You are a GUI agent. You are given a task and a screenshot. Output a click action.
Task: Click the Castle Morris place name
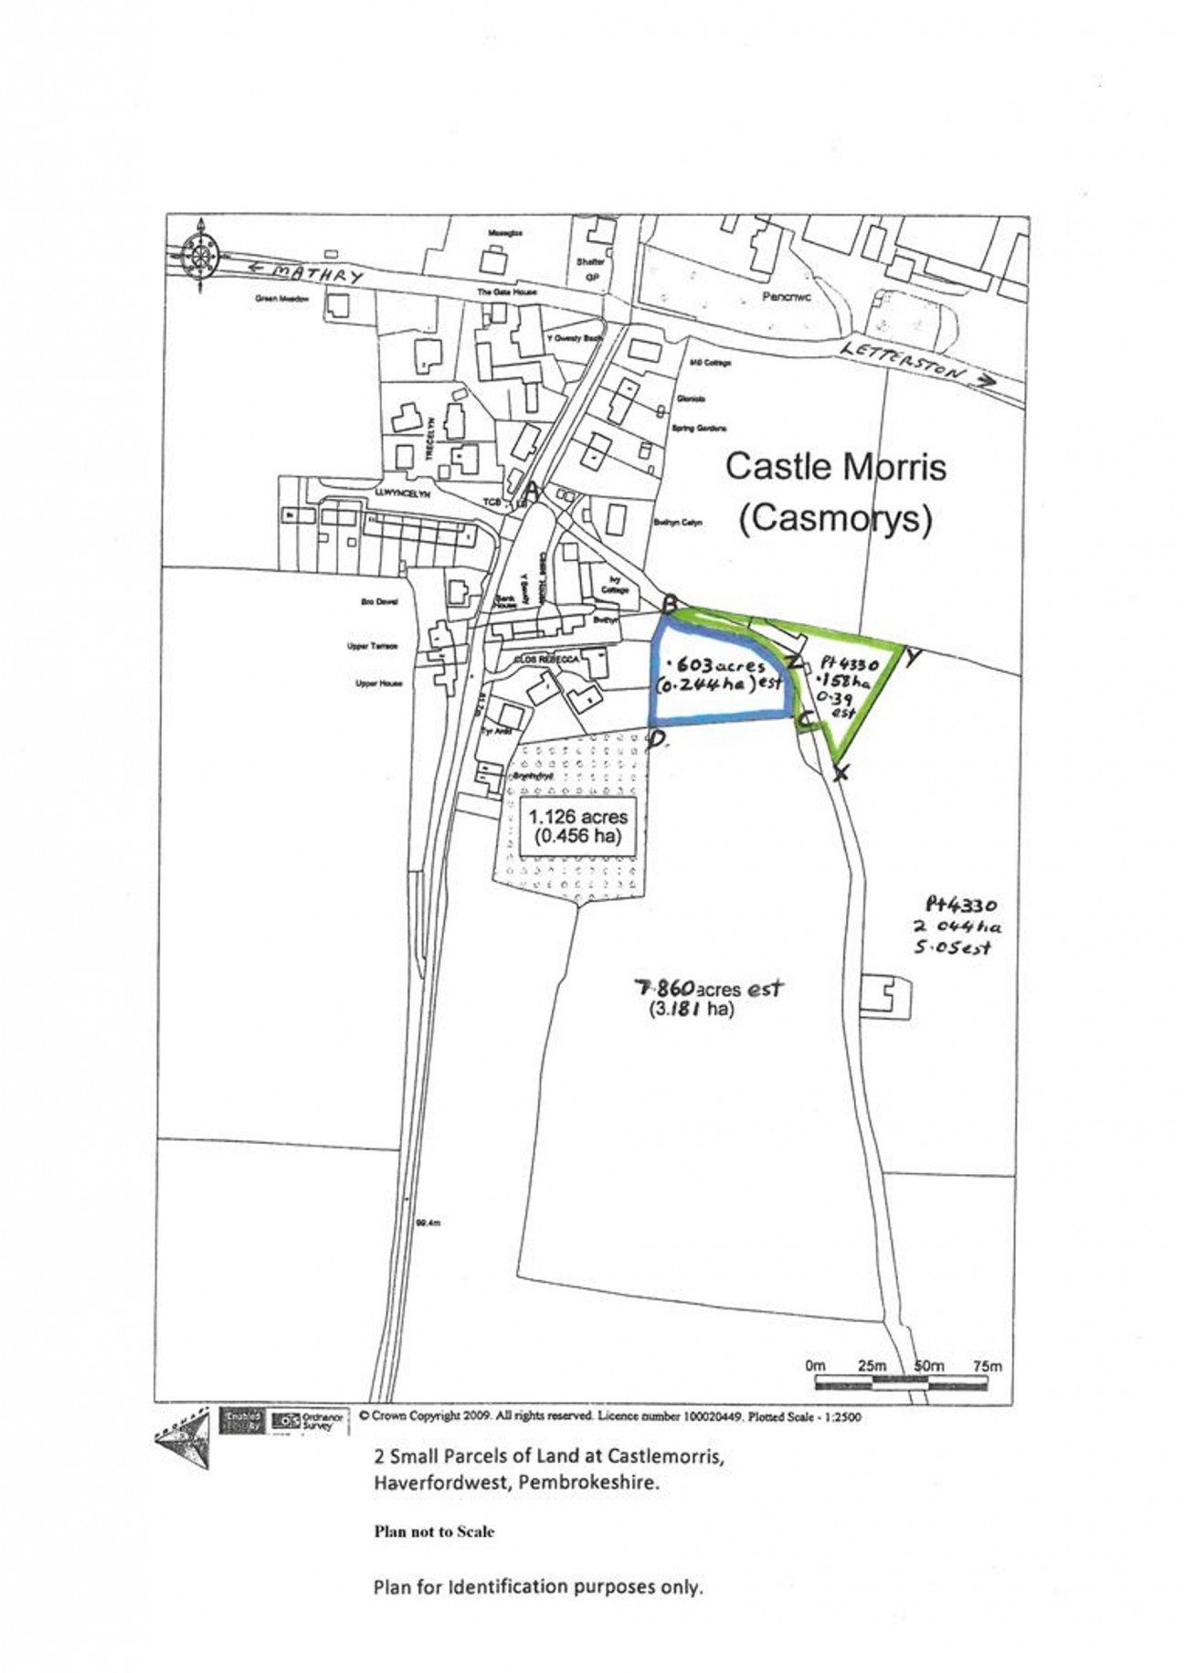point(835,467)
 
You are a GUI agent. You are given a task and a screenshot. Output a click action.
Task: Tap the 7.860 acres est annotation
point(710,989)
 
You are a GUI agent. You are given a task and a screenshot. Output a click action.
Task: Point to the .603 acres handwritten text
point(717,665)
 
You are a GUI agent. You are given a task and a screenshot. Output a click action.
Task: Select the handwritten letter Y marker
point(912,658)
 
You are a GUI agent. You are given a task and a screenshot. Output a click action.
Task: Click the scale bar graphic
point(899,1385)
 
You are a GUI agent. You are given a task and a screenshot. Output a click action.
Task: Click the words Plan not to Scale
point(434,1532)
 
